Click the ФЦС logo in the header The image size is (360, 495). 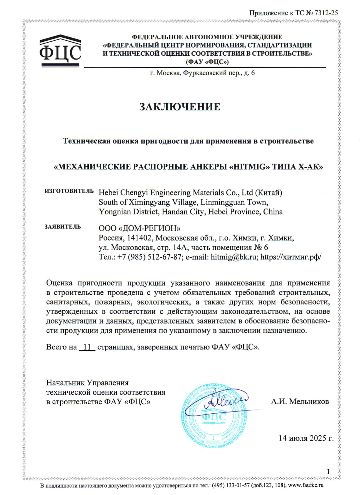[60, 51]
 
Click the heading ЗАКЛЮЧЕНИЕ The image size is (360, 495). [180, 107]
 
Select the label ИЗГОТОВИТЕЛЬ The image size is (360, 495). [69, 191]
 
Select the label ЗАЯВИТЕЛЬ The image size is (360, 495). [63, 227]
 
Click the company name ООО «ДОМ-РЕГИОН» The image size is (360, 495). [139, 228]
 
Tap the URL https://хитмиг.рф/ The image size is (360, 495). [291, 257]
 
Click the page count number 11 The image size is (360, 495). [87, 347]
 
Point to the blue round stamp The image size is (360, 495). [214, 416]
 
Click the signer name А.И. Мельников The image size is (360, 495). [300, 401]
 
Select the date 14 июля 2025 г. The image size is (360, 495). [306, 438]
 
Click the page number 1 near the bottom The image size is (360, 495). [328, 471]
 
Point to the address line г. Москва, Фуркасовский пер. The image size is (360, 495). [202, 73]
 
